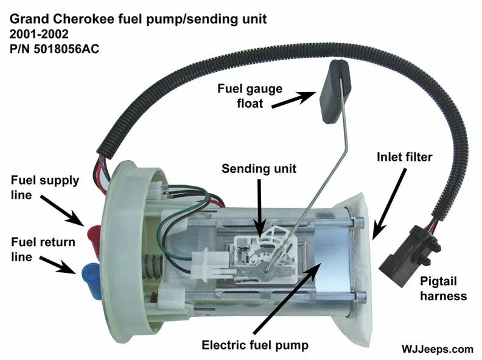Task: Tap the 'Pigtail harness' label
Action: pyautogui.click(x=442, y=289)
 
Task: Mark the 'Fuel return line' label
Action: pyautogui.click(x=43, y=249)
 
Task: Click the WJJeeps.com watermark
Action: pyautogui.click(x=436, y=349)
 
